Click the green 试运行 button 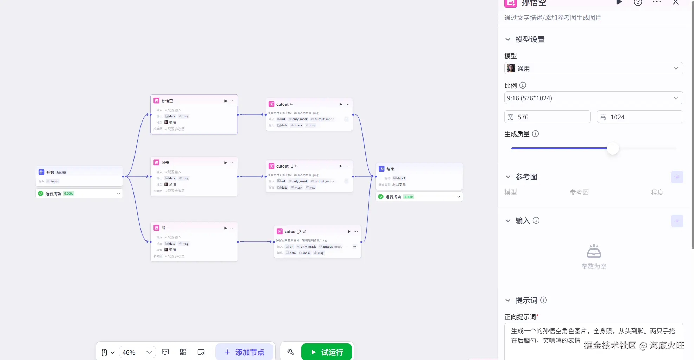click(x=326, y=352)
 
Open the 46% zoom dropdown click(x=137, y=352)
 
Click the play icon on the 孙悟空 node click(x=225, y=101)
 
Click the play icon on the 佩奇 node click(x=225, y=163)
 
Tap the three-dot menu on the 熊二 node click(x=233, y=228)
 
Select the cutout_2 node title click(x=293, y=231)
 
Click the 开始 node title click(x=50, y=172)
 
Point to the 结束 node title click(x=390, y=169)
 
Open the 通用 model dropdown click(x=594, y=68)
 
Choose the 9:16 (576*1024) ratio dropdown click(x=594, y=98)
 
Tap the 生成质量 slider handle click(x=613, y=148)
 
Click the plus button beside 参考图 click(x=677, y=177)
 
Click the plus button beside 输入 click(x=677, y=221)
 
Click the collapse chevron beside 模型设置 click(x=508, y=39)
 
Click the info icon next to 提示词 click(x=543, y=300)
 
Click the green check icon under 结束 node click(x=381, y=197)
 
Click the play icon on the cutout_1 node click(x=340, y=166)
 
